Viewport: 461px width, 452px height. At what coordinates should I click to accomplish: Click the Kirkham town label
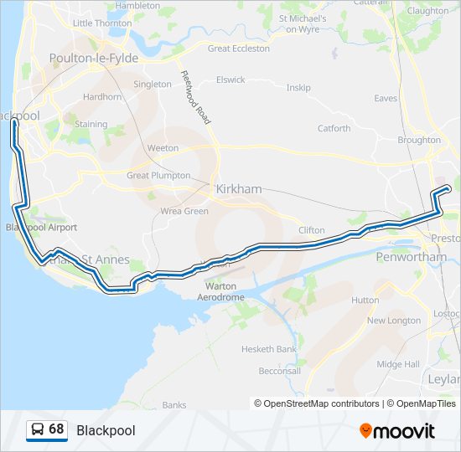coord(239,189)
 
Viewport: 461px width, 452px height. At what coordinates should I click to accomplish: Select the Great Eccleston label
coord(239,49)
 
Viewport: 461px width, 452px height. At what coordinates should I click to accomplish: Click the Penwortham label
coord(412,257)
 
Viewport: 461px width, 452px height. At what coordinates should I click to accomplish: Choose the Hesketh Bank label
coord(269,348)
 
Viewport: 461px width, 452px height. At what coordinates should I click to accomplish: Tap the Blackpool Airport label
coord(41,228)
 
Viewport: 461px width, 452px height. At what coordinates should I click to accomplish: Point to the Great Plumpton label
coord(158,176)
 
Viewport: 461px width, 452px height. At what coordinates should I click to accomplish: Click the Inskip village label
coord(298,87)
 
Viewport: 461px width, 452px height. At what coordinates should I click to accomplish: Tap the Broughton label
coord(419,141)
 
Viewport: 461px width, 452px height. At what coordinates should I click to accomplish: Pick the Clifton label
coord(312,230)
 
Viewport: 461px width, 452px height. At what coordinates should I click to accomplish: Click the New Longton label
coord(394,321)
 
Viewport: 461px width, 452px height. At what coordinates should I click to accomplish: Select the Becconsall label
coord(279,371)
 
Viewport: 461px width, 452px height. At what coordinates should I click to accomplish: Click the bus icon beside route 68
coord(38,429)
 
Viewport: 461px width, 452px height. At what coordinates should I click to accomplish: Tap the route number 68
coord(56,429)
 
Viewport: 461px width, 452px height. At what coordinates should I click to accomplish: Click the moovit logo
coord(397,431)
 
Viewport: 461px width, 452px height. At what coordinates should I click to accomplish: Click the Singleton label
coord(153,85)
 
